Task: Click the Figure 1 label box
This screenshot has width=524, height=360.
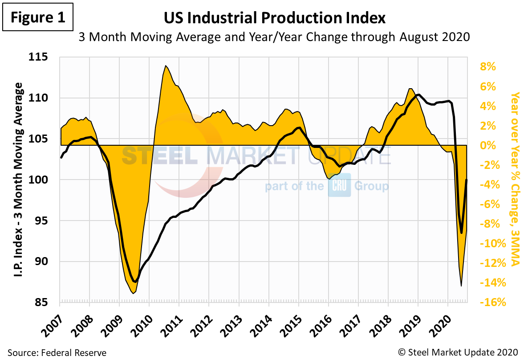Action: coord(37,17)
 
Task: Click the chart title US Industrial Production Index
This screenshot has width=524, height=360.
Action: coord(274,18)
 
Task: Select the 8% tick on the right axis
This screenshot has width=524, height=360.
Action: coord(487,67)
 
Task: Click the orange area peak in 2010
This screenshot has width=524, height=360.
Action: coord(166,66)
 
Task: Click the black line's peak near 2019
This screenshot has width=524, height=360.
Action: coord(418,94)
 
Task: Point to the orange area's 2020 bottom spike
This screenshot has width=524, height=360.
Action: coord(461,286)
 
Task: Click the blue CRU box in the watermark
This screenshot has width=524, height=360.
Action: coord(340,185)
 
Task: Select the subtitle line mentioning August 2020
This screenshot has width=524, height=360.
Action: coord(274,37)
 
